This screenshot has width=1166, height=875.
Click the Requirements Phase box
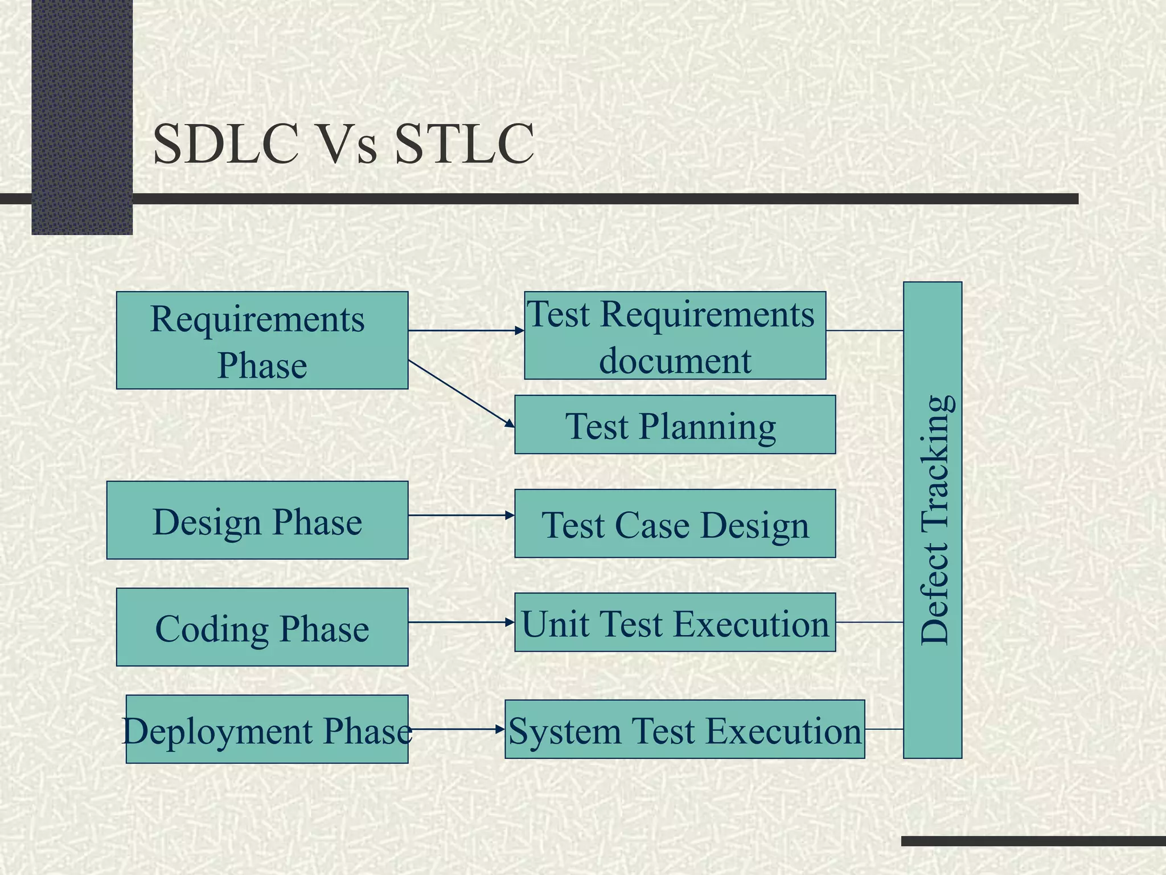tap(262, 340)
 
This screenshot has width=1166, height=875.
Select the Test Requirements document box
tap(675, 336)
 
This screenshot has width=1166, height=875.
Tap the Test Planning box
tap(675, 424)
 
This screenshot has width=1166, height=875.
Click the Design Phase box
tap(257, 520)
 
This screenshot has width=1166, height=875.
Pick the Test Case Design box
tap(675, 523)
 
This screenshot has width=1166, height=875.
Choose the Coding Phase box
tap(262, 627)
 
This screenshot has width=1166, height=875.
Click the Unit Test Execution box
tap(675, 622)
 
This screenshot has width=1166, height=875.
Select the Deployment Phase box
tap(266, 729)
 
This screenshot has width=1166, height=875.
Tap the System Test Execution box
tap(684, 729)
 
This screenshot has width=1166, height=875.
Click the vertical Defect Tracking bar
tap(933, 520)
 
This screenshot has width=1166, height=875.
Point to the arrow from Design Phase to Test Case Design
tap(461, 515)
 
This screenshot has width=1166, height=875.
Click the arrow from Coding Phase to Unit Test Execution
tap(461, 622)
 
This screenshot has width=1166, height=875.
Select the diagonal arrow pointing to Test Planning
tap(461, 393)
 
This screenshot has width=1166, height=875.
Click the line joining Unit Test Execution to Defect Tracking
tap(869, 622)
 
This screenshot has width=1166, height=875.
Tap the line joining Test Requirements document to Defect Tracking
tap(864, 330)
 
